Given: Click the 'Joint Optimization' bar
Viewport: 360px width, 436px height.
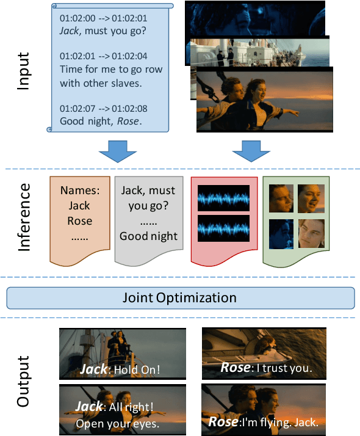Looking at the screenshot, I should [x=181, y=298].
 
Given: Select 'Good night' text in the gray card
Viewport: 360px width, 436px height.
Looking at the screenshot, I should [x=149, y=236].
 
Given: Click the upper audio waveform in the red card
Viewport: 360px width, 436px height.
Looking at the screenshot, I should [x=223, y=197].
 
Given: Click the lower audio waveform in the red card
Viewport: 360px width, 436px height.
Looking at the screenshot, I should [x=223, y=228].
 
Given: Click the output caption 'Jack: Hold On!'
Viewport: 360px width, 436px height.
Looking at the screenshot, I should [x=120, y=369].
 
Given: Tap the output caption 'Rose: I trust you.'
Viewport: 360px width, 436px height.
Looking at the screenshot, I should [x=265, y=368].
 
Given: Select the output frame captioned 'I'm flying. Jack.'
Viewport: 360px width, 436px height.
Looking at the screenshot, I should [x=264, y=408].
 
